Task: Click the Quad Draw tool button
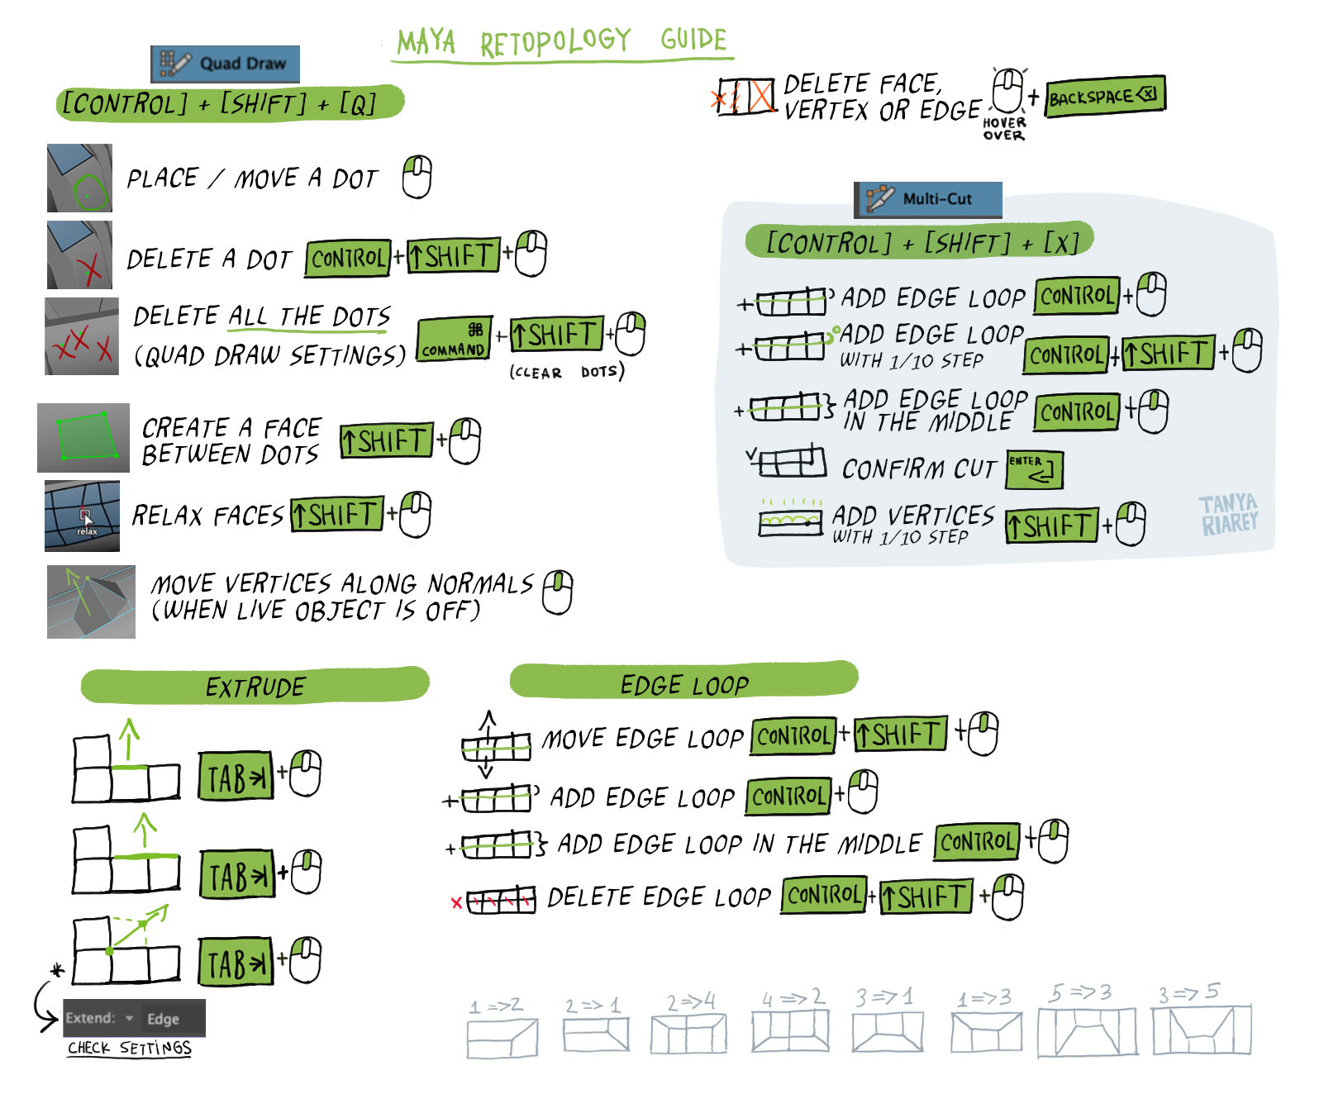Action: [225, 64]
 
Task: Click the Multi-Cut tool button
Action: [927, 199]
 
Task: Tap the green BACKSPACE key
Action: [1104, 97]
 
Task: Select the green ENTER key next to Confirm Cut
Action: [1034, 469]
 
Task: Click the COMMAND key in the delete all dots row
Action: [454, 340]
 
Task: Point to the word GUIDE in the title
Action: [693, 39]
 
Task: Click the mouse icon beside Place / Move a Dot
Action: [417, 177]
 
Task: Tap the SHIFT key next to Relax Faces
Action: [337, 515]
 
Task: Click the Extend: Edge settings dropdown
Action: [134, 1018]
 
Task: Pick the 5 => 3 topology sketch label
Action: [1080, 992]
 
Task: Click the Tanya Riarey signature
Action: [1229, 515]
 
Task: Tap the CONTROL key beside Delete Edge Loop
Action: [823, 895]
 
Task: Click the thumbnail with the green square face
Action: [83, 438]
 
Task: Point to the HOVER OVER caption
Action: [1004, 129]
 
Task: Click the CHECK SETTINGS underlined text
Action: [129, 1048]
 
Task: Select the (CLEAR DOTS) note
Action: [567, 372]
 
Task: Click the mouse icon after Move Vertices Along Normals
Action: [558, 592]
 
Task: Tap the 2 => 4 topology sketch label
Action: [691, 1001]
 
